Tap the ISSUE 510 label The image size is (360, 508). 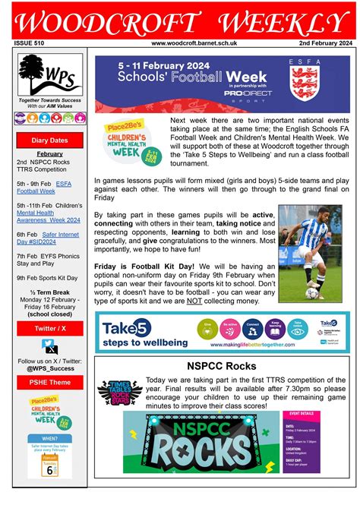(30, 43)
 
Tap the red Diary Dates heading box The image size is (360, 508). (50, 140)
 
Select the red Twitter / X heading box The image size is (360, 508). (50, 327)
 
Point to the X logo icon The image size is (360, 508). (51, 347)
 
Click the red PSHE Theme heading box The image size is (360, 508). (50, 382)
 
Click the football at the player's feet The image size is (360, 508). (312, 292)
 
